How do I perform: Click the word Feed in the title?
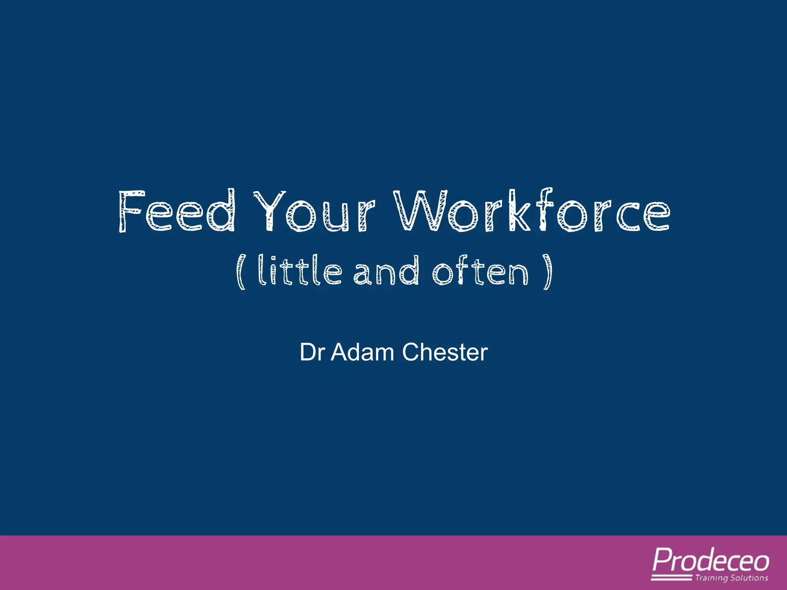click(177, 211)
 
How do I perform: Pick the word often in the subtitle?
click(480, 270)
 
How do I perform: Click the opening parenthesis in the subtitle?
click(241, 272)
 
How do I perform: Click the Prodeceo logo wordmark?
click(711, 561)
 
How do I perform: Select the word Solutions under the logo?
click(749, 578)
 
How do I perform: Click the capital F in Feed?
click(131, 211)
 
